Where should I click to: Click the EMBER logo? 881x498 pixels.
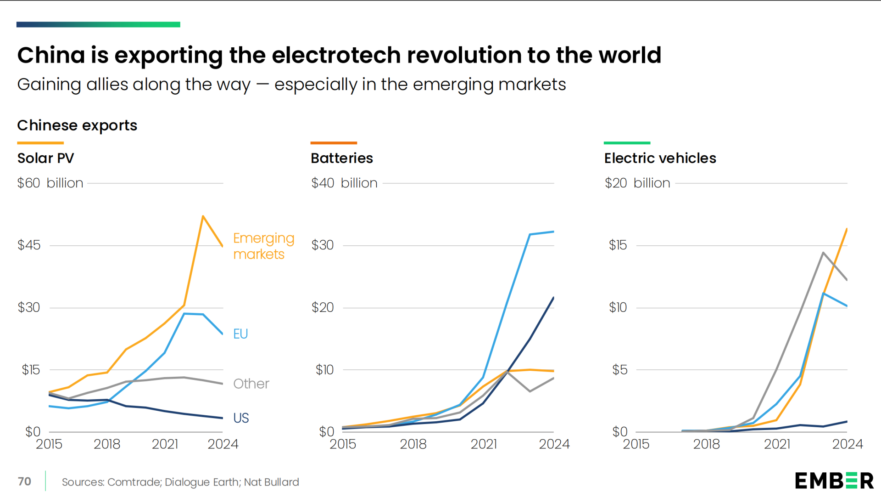pos(834,481)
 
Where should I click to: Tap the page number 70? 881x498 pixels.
pos(24,481)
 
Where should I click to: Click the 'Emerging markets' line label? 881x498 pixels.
pos(263,246)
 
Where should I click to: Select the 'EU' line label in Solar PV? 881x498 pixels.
pos(240,334)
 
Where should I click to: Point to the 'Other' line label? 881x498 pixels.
pos(251,384)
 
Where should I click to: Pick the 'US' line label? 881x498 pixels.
pos(241,418)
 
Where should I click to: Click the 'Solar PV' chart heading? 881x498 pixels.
pos(45,158)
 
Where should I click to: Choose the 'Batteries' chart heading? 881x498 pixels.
pos(342,158)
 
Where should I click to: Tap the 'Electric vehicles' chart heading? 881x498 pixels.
pos(660,158)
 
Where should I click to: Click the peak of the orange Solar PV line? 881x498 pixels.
pos(203,216)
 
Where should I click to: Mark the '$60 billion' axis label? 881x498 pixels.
pos(50,183)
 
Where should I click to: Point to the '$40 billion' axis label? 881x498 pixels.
pos(344,183)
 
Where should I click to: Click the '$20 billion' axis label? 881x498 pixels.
pos(637,183)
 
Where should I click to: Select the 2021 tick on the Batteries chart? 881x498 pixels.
pos(484,444)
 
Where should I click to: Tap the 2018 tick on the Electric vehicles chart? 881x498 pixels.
pos(706,444)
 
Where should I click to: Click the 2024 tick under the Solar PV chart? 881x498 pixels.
pos(223,444)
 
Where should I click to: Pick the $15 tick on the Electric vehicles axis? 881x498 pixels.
pos(618,245)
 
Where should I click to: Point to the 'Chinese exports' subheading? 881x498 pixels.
pos(77,125)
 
